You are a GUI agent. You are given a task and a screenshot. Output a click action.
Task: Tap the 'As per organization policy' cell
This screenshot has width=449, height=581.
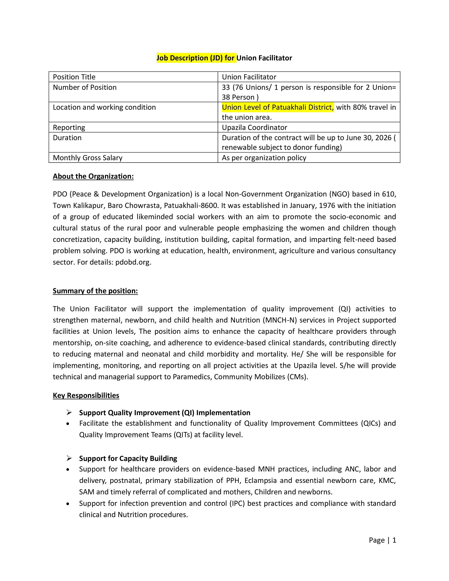coord(264,158)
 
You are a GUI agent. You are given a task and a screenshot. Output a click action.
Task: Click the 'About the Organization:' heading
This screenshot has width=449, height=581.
coord(93,176)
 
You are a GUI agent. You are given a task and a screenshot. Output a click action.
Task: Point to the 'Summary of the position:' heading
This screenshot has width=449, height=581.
coord(95,291)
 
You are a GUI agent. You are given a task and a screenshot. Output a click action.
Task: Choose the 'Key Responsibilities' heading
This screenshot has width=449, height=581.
coord(86,396)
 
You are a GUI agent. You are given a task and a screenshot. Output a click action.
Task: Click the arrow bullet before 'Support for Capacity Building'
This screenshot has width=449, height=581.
coord(69,458)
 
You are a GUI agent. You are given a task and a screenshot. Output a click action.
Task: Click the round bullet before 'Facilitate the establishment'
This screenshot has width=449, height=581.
coord(68,424)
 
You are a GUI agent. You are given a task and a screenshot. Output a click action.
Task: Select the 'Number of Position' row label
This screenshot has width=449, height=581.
coord(85,87)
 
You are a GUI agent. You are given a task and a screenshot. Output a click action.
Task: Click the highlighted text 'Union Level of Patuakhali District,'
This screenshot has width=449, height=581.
coord(277,107)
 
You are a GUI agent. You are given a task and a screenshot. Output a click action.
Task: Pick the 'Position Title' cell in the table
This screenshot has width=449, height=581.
coord(74,77)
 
